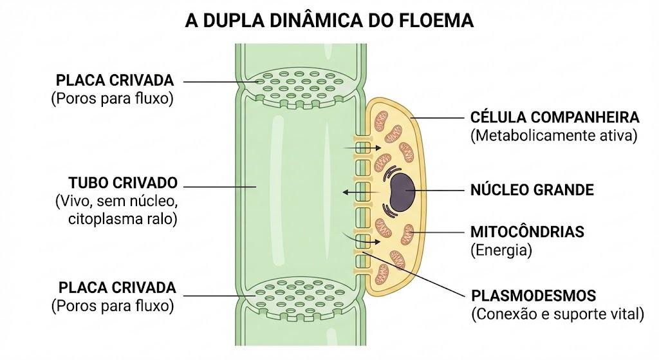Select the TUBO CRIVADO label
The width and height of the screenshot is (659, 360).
[123, 183]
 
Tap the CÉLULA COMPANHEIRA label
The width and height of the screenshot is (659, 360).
[555, 117]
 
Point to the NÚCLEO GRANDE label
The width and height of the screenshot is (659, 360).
[532, 190]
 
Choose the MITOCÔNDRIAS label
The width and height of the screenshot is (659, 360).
[527, 232]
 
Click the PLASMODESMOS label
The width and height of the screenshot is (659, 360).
[534, 296]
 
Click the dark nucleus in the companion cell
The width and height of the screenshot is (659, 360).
[402, 192]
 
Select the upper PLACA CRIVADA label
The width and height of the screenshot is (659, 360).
[115, 80]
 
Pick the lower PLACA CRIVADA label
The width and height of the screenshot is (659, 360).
[117, 288]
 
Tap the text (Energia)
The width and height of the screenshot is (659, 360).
[501, 251]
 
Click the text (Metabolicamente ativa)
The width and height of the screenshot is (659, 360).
[554, 136]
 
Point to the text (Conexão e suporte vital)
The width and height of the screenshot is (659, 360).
[558, 314]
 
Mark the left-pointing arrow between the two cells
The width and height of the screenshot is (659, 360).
[361, 192]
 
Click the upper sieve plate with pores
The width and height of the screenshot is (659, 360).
[299, 86]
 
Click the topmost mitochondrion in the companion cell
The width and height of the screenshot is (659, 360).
[382, 120]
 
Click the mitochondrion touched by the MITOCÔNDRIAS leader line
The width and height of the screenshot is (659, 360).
[407, 234]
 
